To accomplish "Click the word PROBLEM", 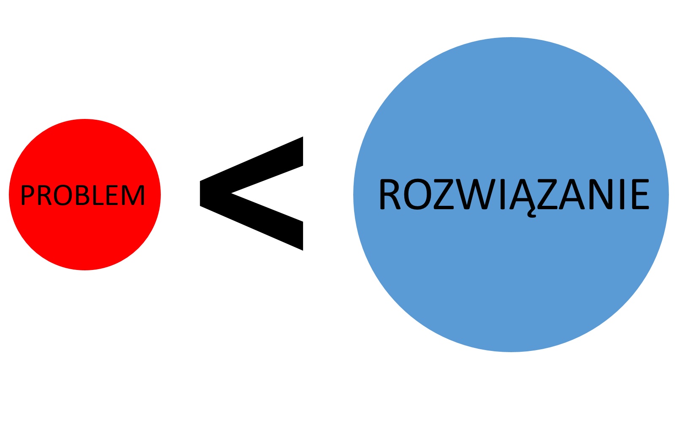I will click(x=83, y=195).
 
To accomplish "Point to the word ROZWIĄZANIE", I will click(x=514, y=194).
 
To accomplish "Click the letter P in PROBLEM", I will click(x=27, y=195).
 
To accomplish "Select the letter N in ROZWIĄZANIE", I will click(x=600, y=194).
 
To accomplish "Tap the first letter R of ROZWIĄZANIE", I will click(x=390, y=194).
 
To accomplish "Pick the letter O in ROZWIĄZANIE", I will click(x=417, y=194).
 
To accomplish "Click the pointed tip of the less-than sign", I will click(x=203, y=194).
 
